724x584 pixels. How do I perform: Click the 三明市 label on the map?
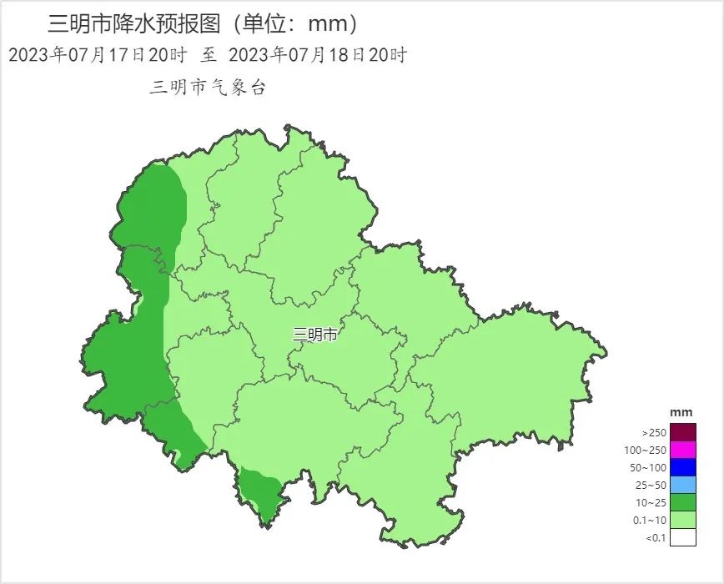[315, 335]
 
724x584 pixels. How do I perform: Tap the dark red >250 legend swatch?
[682, 432]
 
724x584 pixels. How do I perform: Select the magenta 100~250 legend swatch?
[682, 450]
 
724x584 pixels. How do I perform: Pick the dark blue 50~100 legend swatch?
[682, 467]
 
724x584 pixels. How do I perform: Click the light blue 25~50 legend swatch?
[682, 485]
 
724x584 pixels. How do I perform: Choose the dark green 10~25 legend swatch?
[682, 502]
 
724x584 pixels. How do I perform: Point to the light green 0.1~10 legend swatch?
[682, 520]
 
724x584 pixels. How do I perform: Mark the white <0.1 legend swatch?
[682, 537]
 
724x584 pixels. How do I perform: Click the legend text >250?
[654, 433]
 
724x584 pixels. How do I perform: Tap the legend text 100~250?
[647, 451]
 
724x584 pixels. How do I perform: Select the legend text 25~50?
[651, 486]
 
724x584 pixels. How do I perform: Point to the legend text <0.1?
[656, 538]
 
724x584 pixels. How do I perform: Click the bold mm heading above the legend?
[681, 413]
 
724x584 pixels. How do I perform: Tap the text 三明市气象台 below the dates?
[208, 88]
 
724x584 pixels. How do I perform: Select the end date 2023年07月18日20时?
[318, 55]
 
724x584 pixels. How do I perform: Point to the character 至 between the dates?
[209, 55]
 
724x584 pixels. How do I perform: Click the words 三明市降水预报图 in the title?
[136, 23]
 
